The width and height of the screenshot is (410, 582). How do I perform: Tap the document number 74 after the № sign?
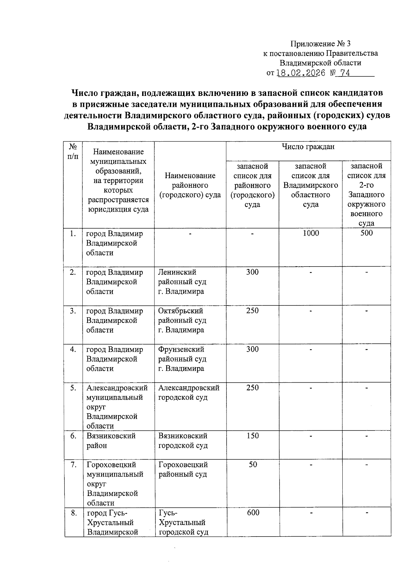pos(345,73)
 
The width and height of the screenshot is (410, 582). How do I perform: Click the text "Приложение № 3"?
pos(320,44)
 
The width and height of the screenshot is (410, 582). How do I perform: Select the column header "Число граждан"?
pos(308,147)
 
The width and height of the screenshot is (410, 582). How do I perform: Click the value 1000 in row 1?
pos(311,233)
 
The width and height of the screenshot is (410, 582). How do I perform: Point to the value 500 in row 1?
pos(366,233)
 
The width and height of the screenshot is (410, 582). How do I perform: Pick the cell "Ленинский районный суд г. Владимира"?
pos(182,282)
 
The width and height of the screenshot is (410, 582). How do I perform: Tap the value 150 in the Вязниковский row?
pos(252,436)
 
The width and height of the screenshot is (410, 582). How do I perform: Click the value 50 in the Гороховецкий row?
pos(252,465)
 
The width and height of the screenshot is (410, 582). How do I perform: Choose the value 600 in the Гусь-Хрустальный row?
pos(252,513)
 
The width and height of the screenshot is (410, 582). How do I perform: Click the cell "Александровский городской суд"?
pos(189,393)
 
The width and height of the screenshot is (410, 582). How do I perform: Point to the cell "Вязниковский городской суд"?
pos(183,441)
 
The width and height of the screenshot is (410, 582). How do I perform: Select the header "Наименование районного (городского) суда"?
pos(190,185)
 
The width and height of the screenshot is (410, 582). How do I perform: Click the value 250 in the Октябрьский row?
pos(252,311)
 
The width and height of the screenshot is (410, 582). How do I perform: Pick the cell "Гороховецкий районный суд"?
pos(183,469)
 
